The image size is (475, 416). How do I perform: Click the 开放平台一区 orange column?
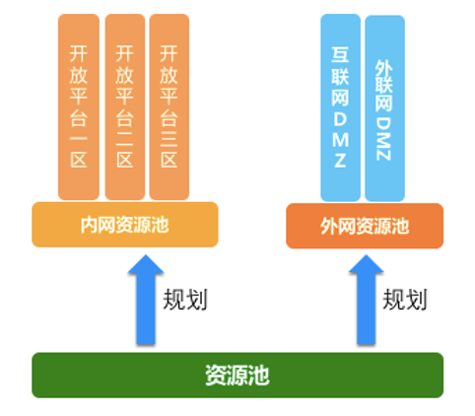(x=79, y=106)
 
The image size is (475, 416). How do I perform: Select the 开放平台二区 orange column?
(x=125, y=106)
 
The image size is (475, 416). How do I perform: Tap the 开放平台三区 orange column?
(x=170, y=106)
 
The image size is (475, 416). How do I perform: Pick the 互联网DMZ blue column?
(x=340, y=107)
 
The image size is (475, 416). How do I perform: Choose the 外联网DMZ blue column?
(x=384, y=108)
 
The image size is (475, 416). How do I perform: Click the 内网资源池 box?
(x=125, y=225)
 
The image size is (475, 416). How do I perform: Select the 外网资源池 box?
(x=365, y=226)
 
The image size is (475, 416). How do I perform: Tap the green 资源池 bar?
(x=237, y=375)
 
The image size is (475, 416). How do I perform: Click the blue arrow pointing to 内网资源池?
(x=146, y=300)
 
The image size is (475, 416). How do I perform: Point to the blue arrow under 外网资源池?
(x=366, y=300)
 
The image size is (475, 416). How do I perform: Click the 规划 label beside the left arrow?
(x=185, y=300)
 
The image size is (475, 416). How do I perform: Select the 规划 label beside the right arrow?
(x=405, y=300)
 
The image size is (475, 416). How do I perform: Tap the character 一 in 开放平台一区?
(x=79, y=139)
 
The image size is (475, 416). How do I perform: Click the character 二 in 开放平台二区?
(x=125, y=139)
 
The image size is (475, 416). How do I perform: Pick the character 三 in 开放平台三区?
(x=169, y=139)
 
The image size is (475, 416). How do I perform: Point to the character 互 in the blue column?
(x=340, y=55)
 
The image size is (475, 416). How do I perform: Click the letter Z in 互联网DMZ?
(x=340, y=161)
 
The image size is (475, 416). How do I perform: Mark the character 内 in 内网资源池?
(x=90, y=225)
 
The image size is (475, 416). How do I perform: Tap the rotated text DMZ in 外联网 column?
(x=383, y=139)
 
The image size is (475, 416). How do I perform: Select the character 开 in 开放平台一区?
(x=79, y=53)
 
